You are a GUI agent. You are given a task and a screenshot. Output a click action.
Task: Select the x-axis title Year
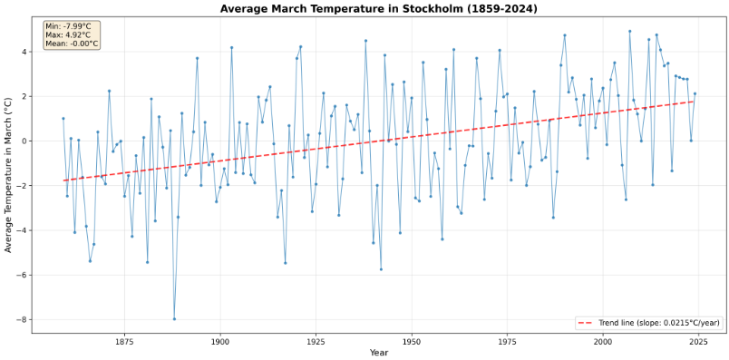[x=379, y=353]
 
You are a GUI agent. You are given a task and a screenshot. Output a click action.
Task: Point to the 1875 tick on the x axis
[x=124, y=341]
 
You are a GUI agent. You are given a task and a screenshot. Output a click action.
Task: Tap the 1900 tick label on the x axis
[x=219, y=341]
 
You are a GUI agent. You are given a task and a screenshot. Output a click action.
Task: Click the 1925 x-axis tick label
[x=316, y=341]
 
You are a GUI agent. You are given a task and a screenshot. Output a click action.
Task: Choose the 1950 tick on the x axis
[x=412, y=341]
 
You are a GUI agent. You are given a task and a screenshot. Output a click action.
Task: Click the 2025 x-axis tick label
[x=699, y=341]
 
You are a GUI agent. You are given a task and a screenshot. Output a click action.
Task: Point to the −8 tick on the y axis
[x=23, y=320]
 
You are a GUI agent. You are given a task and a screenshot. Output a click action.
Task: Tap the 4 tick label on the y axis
[x=24, y=52]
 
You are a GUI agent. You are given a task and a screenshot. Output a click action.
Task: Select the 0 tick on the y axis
[x=24, y=141]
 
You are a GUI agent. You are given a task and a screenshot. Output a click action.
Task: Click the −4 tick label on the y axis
[x=23, y=230]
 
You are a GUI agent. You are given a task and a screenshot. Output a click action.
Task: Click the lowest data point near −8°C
[x=174, y=319]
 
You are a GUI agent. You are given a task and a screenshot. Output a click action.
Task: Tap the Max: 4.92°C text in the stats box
[x=67, y=34]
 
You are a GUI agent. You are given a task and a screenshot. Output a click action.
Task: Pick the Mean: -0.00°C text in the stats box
[x=70, y=44]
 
